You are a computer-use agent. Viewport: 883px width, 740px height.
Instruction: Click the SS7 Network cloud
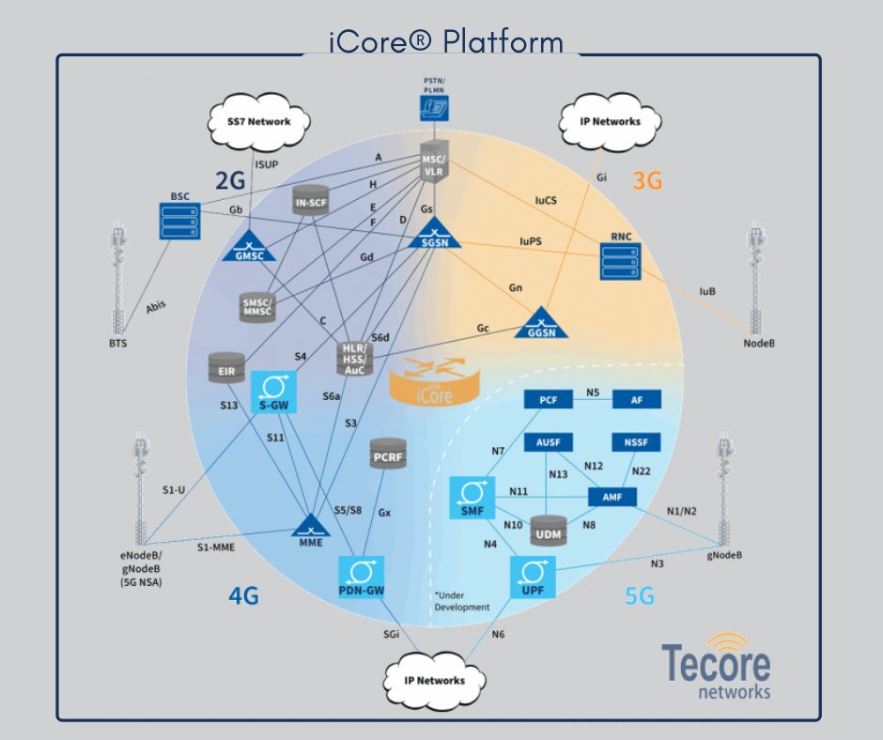pos(246,122)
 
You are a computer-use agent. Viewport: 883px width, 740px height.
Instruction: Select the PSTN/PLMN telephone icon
pos(434,107)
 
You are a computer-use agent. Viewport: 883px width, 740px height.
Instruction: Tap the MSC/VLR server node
pos(434,162)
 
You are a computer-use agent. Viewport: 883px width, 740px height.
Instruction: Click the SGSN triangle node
pos(434,235)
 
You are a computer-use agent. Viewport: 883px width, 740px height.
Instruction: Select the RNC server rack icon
pos(620,261)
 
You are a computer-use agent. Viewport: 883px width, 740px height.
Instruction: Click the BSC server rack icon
pos(179,220)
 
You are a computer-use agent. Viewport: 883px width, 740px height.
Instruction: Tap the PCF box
pos(548,400)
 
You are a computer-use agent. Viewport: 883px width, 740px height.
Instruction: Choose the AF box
pos(636,400)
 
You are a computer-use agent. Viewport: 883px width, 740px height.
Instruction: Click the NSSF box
pos(636,441)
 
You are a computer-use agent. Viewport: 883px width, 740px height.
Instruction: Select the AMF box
pos(612,496)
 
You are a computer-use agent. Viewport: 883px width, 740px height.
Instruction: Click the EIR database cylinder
pos(226,367)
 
